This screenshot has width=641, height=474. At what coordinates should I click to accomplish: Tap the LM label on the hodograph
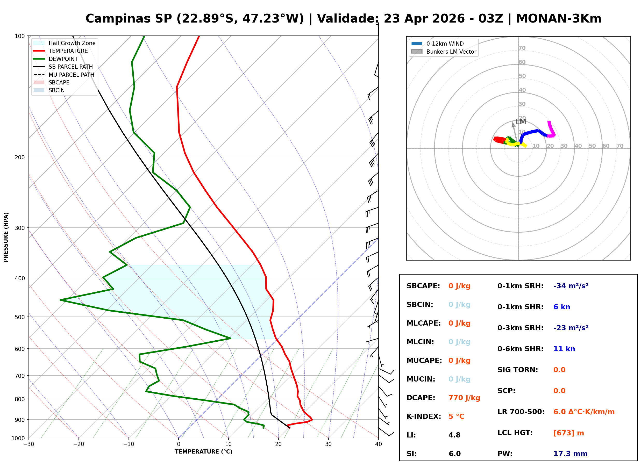pyautogui.click(x=521, y=122)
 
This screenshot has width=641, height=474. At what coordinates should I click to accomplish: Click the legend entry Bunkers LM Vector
pyautogui.click(x=451, y=52)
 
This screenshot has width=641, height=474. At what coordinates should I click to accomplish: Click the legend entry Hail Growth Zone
pyautogui.click(x=72, y=43)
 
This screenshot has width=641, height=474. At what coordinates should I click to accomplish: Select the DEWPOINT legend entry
pyautogui.click(x=63, y=59)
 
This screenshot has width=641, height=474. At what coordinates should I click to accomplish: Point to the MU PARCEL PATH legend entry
pyautogui.click(x=71, y=75)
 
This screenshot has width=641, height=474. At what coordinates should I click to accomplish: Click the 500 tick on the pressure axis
pyautogui.click(x=20, y=317)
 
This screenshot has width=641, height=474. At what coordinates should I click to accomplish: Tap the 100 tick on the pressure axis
pyautogui.click(x=20, y=36)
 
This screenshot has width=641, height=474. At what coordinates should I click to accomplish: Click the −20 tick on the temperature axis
pyautogui.click(x=78, y=444)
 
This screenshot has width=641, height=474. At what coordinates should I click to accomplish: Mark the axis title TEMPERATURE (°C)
pyautogui.click(x=203, y=452)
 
